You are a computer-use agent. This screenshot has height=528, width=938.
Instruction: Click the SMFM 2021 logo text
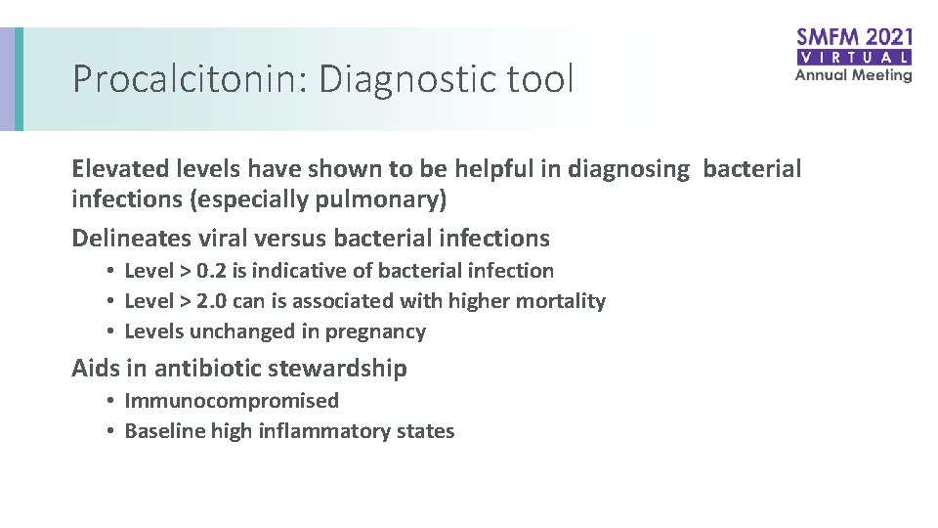click(x=854, y=39)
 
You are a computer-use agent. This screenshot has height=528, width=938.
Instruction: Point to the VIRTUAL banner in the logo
click(x=854, y=58)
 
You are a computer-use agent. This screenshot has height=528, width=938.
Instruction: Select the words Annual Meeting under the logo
click(x=853, y=75)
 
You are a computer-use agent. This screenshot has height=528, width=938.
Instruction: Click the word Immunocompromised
click(x=232, y=401)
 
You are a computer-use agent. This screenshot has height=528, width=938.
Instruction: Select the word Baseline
click(x=164, y=431)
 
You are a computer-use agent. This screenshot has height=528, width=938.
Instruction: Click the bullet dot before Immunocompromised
click(x=113, y=401)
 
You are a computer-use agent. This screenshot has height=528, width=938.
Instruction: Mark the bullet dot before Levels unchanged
click(x=113, y=331)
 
